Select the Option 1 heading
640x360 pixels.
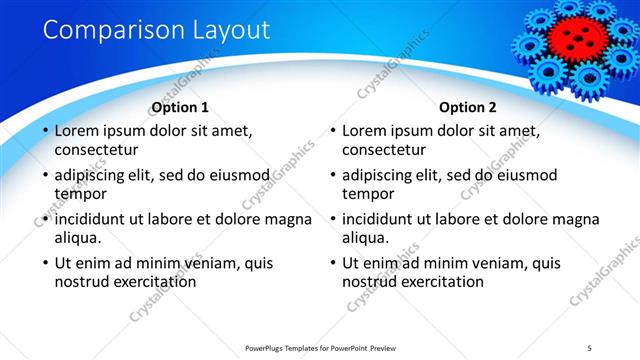180,107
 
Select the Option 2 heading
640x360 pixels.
468,107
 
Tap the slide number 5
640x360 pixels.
589,347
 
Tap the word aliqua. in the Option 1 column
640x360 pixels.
78,238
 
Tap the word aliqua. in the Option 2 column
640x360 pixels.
366,238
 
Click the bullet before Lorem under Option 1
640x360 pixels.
44,131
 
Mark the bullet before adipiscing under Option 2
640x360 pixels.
332,175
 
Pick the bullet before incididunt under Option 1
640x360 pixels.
44,219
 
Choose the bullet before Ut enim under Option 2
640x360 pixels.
332,263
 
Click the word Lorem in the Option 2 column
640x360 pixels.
364,131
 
